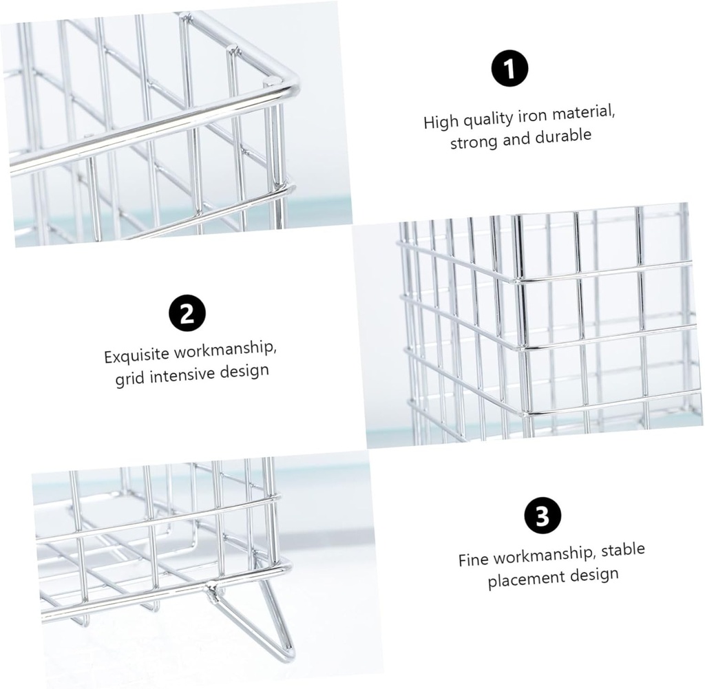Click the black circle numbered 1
[x=510, y=69]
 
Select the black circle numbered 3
[x=543, y=516]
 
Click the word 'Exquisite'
[x=136, y=356]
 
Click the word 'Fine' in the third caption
[x=474, y=558]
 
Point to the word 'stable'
[x=622, y=550]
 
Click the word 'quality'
[x=487, y=120]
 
